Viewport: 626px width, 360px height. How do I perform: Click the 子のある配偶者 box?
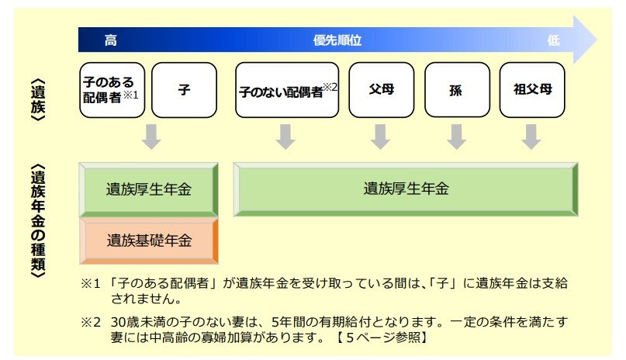click(x=112, y=90)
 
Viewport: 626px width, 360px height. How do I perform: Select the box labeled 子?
click(x=184, y=90)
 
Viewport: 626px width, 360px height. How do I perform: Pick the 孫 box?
click(x=457, y=90)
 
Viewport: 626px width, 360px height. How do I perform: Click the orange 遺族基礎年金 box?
click(x=150, y=240)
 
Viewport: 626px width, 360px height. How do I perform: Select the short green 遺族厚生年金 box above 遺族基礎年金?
click(x=150, y=189)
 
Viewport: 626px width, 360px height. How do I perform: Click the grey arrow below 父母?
click(x=380, y=137)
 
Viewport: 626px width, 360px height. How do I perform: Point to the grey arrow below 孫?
click(x=455, y=137)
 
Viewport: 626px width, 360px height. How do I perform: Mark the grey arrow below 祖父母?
click(x=531, y=137)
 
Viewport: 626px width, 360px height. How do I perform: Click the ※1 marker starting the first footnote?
click(x=92, y=283)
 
